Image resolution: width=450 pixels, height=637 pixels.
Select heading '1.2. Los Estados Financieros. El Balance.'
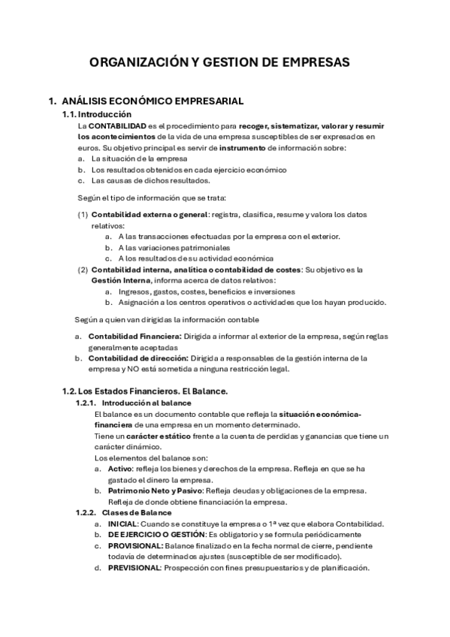click(x=145, y=391)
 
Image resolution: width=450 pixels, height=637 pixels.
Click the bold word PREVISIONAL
click(x=134, y=568)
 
